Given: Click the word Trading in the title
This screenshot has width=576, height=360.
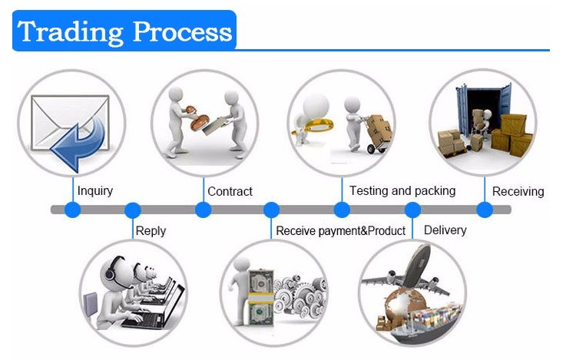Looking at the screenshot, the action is tap(70, 32).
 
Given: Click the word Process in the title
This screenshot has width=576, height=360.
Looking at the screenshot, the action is tap(182, 31).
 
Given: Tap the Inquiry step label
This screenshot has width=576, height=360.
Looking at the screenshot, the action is tap(94, 191).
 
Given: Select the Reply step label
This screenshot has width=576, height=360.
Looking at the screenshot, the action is tap(151, 231).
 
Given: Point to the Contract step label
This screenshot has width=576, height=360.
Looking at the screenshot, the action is tap(230, 191).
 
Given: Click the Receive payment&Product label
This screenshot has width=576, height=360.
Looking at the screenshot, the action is tap(340, 231).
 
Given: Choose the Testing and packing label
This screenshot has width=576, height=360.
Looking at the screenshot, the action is tap(402, 191).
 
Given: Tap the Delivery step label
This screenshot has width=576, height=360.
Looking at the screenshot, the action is tap(445, 230).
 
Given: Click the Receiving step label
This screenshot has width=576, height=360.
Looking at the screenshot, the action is tap(518, 191).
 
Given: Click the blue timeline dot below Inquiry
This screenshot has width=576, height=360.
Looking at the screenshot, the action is tap(72, 210).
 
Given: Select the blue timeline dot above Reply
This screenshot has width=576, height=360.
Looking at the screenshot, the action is tap(133, 210).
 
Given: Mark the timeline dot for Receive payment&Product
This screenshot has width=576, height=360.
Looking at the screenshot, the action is tap(271, 210).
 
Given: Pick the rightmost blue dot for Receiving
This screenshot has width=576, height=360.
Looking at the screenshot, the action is tap(485, 210).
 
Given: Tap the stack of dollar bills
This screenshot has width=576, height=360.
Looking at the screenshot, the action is tap(261, 298).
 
